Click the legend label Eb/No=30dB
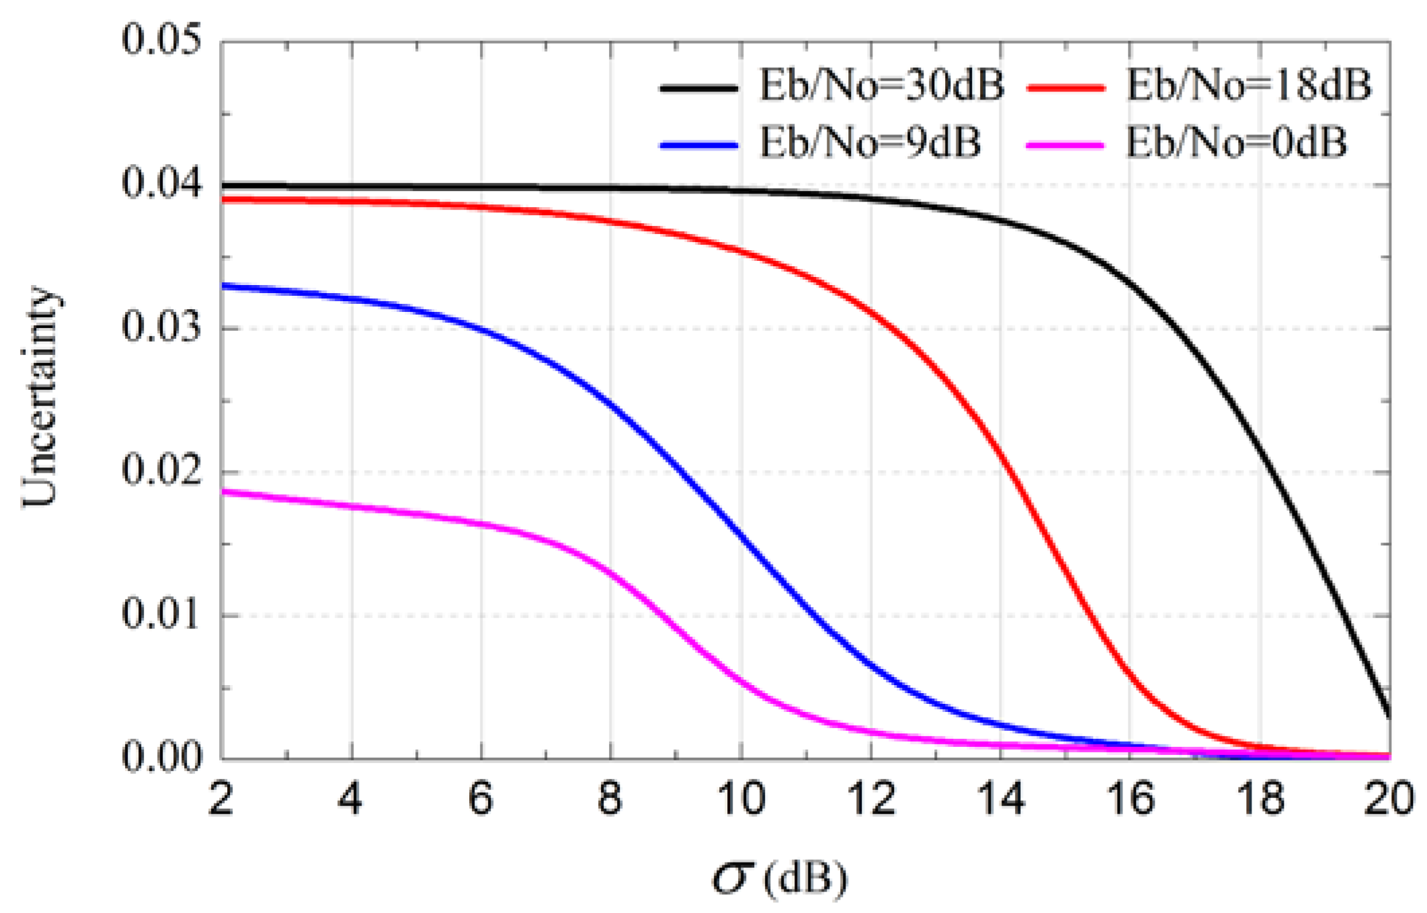point(881,87)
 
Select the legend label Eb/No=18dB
point(1248,87)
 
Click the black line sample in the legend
point(699,88)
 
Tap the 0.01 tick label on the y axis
point(161,614)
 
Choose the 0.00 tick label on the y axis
point(161,758)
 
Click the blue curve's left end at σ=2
point(223,286)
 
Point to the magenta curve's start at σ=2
point(223,492)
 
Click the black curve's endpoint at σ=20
point(1389,717)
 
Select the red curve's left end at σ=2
point(223,200)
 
